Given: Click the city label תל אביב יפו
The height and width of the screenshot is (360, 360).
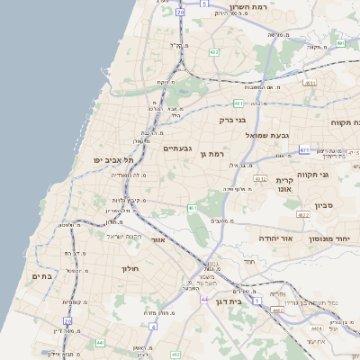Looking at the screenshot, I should (x=113, y=159).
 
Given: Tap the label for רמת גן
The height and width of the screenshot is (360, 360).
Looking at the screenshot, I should (x=211, y=154).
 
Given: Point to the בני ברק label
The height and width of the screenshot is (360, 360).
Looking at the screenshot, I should (x=232, y=119).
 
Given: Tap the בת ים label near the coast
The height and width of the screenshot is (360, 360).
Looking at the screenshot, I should (x=42, y=276).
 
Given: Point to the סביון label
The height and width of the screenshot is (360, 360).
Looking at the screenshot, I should (x=324, y=206).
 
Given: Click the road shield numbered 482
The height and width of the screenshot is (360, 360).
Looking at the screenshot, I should (x=214, y=53).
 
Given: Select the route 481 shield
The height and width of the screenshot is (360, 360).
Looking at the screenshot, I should (x=238, y=103).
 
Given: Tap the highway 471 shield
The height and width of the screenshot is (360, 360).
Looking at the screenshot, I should (x=305, y=149).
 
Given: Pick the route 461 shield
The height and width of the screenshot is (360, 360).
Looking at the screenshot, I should (x=192, y=208).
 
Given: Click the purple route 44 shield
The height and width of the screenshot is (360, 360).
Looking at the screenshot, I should (x=205, y=299).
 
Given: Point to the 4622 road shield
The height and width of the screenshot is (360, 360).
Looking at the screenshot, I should (x=304, y=214).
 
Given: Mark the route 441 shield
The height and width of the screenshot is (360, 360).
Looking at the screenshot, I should (x=100, y=342).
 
